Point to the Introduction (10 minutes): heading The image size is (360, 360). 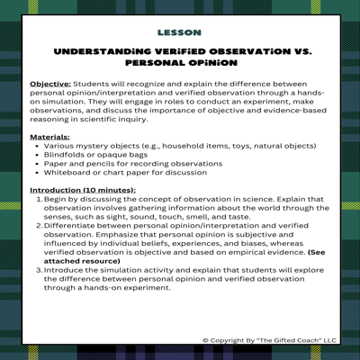pyautogui.click(x=83, y=191)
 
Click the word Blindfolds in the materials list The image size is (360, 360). pyautogui.click(x=64, y=156)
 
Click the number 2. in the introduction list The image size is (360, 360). pyautogui.click(x=40, y=229)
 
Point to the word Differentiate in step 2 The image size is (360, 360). pyautogui.click(x=70, y=229)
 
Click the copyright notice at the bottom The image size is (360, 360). pyautogui.click(x=270, y=340)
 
